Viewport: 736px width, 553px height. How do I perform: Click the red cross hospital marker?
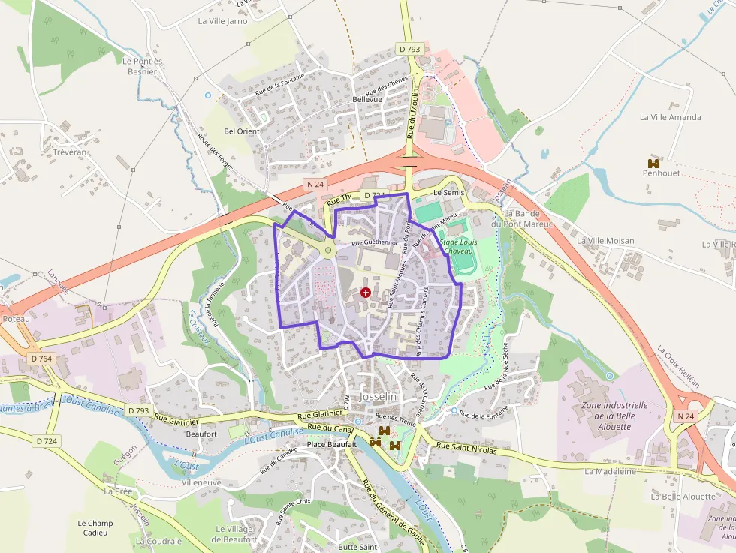coord(366,292)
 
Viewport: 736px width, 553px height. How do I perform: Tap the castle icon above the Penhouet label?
coord(653,163)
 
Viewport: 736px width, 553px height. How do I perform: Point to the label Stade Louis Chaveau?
coord(459,247)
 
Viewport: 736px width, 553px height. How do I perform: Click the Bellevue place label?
coord(367,99)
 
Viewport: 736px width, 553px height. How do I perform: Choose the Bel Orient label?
coord(242,131)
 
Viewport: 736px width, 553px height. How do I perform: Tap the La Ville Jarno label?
coord(222,21)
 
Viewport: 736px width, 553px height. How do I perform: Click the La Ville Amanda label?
coord(670,117)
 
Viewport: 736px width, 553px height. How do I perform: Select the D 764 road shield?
coord(42,359)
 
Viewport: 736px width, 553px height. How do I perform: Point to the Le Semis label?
coord(449,193)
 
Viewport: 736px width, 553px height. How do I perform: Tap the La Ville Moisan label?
coord(605,241)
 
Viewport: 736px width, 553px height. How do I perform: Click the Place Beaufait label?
coord(331,445)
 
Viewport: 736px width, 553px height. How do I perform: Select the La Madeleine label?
coord(610,471)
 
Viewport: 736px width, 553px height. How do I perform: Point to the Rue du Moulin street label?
coord(412,110)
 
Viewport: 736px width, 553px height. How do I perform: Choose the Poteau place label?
coord(16,319)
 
